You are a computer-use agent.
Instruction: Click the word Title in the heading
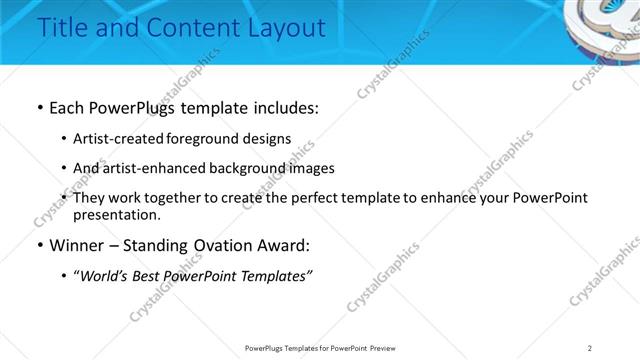[x=60, y=29]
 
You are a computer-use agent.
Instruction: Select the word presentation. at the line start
[x=116, y=214]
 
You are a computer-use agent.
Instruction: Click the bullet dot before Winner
[x=38, y=245]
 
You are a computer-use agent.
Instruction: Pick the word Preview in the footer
[x=387, y=349]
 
